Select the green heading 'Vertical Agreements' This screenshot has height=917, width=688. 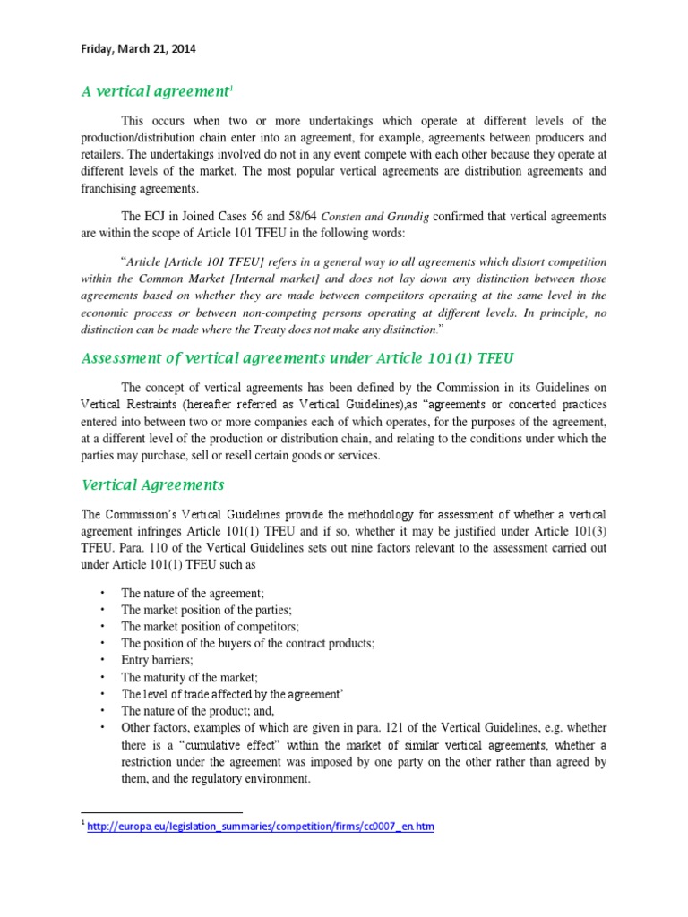tap(152, 484)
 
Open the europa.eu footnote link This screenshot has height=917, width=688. tap(260, 827)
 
